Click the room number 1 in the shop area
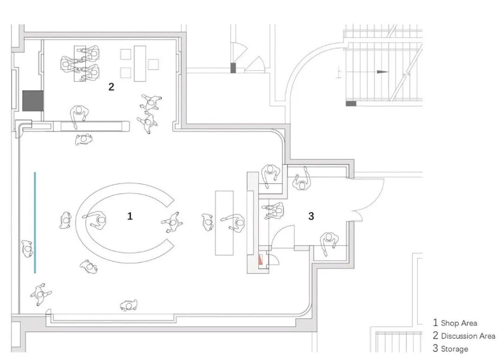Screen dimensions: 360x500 [x=130, y=216]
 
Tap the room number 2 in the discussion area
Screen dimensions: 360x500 [x=111, y=87]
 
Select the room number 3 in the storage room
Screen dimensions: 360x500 [x=311, y=215]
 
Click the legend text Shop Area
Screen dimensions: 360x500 [x=458, y=323]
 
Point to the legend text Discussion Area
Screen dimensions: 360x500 [x=468, y=336]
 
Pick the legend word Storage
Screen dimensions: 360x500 [x=454, y=349]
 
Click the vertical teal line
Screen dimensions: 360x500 [x=35, y=222]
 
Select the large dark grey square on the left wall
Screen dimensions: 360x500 [x=32, y=101]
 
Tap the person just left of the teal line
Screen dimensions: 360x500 [x=27, y=249]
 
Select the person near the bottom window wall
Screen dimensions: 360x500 [x=128, y=304]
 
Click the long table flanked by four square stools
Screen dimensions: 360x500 [x=139, y=62]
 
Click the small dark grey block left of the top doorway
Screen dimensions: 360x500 [x=233, y=68]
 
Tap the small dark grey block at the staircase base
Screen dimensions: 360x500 [x=351, y=103]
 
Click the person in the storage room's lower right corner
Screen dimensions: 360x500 [x=328, y=242]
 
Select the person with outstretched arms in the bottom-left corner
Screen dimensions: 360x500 [x=41, y=293]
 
